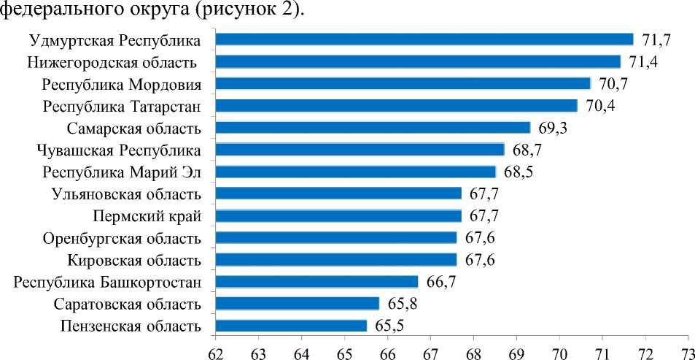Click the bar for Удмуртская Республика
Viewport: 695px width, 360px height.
tap(424, 39)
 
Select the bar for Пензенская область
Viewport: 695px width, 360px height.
tap(292, 326)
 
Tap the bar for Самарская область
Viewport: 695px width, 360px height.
tap(373, 128)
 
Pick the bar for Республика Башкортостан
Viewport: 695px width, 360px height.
tap(317, 282)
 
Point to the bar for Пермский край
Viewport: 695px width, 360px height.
tap(338, 216)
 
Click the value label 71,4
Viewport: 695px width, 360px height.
tap(645, 62)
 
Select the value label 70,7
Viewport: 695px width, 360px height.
tap(614, 84)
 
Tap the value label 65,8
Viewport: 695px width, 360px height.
tap(403, 304)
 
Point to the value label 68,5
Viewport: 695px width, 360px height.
tap(519, 172)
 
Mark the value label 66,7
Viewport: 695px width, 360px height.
tap(442, 282)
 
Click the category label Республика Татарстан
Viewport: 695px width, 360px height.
tap(122, 107)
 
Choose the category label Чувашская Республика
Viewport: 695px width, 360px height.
tap(118, 150)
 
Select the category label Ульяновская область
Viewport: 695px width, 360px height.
tap(126, 194)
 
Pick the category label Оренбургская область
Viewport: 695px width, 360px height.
tap(122, 238)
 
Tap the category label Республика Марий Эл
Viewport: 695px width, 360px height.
tap(121, 172)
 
